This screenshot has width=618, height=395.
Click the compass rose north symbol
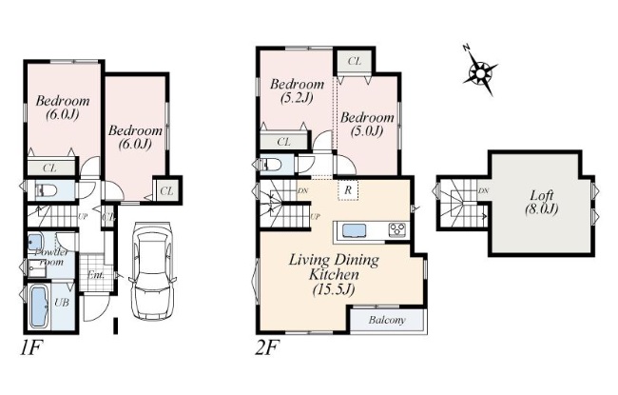click(479, 71)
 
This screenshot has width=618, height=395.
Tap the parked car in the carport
click(152, 271)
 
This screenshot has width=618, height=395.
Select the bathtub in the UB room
click(39, 306)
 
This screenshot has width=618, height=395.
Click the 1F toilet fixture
click(46, 191)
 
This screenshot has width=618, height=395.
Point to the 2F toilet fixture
click(270, 164)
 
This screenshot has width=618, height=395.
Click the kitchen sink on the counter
click(355, 230)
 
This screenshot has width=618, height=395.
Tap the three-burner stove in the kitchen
click(396, 230)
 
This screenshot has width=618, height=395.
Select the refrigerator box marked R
click(348, 189)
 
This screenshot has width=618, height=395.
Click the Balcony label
click(387, 320)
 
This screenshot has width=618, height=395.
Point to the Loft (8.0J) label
click(541, 202)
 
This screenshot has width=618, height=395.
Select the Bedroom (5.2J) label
click(298, 90)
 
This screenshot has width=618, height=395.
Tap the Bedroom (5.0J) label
click(367, 124)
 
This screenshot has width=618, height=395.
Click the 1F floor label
click(30, 348)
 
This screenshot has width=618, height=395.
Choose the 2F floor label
click(267, 348)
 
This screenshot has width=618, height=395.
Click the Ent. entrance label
click(95, 275)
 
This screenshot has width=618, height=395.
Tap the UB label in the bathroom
click(62, 303)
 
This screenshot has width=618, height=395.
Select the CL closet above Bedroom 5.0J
click(355, 61)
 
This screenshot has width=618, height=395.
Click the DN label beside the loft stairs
click(483, 191)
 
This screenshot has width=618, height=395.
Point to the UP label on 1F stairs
click(83, 216)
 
